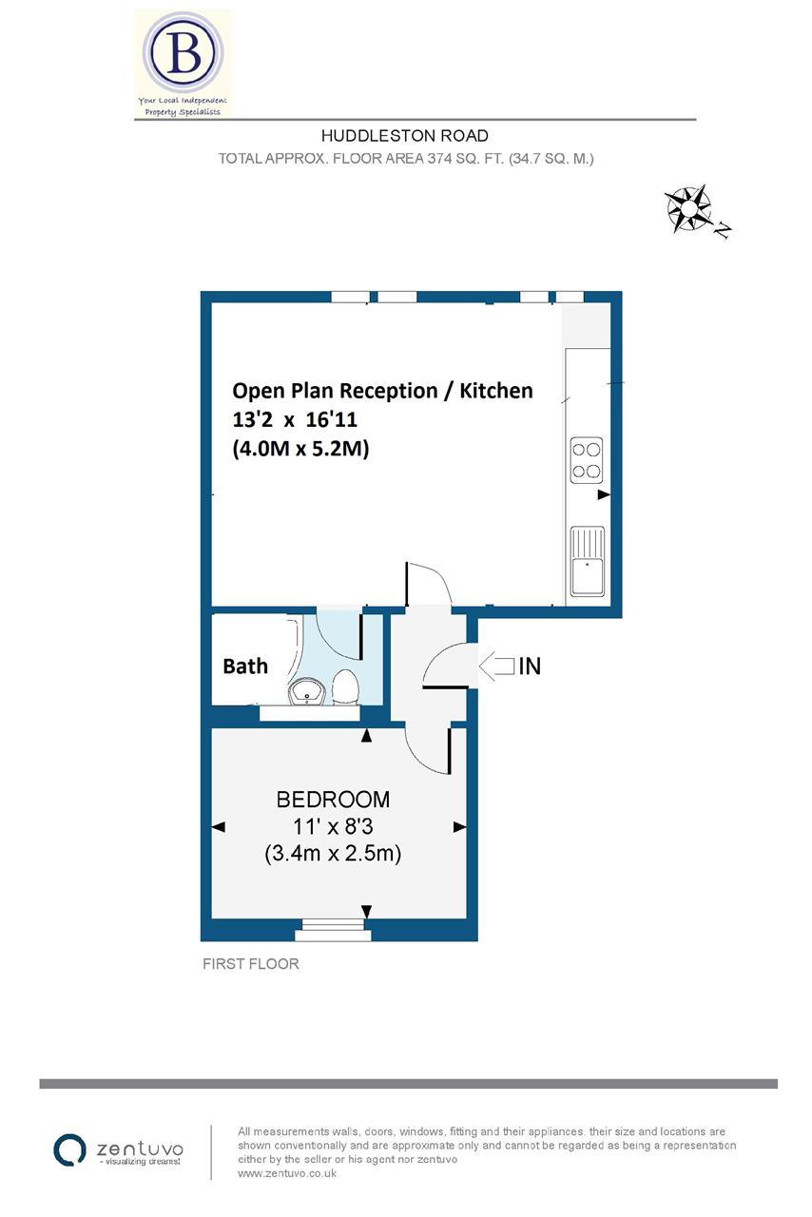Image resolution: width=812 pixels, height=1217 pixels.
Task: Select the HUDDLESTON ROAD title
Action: [x=405, y=136]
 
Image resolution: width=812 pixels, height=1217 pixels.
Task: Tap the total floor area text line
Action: [x=406, y=159]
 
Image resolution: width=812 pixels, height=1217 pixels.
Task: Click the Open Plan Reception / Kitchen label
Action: [x=383, y=390]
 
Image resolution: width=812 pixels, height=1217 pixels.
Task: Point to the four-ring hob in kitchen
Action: [x=587, y=457]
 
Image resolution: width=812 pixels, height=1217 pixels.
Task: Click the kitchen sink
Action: [x=587, y=560]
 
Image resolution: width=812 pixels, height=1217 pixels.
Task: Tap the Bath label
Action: [x=245, y=666]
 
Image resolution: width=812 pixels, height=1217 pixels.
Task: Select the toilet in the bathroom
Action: [x=345, y=686]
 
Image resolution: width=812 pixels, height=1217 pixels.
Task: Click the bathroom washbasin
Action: [x=307, y=691]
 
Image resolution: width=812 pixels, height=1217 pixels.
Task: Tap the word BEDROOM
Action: [x=332, y=799]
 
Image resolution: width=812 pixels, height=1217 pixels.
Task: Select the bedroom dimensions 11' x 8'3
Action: [x=332, y=826]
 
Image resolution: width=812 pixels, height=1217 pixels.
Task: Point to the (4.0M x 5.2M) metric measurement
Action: [x=300, y=450]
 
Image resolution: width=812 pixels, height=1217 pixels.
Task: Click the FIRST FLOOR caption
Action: [x=251, y=964]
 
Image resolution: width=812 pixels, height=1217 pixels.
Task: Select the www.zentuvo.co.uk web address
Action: [x=285, y=1173]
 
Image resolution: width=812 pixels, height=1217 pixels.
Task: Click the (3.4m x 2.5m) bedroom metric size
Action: [x=332, y=854]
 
